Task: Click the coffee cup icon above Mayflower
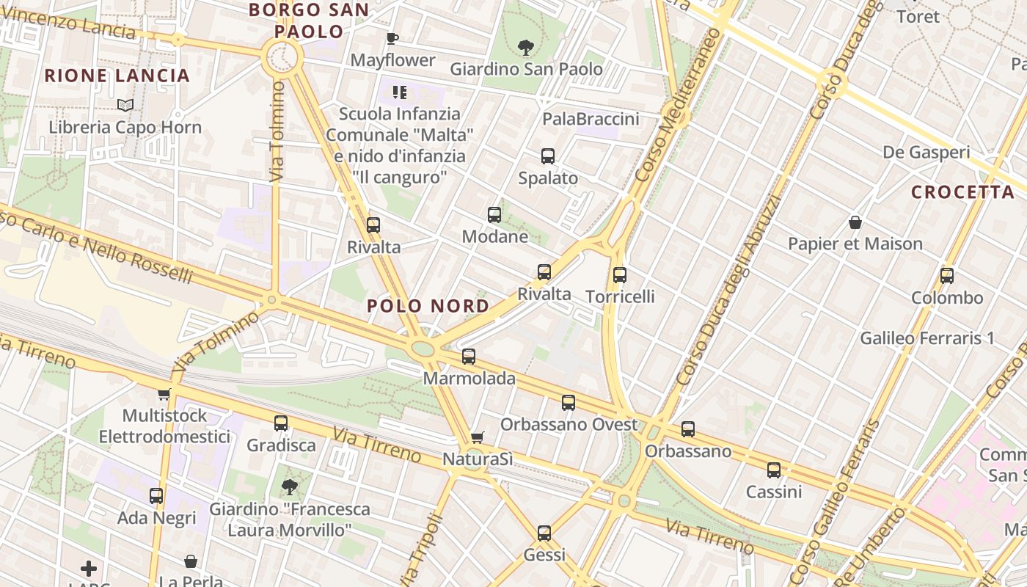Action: click(392, 38)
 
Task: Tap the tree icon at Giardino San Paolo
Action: click(525, 48)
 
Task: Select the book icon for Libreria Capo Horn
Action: click(125, 106)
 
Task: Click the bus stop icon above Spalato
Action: click(548, 156)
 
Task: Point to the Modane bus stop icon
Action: click(494, 215)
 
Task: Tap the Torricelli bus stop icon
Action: click(620, 275)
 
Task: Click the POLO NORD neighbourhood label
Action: click(428, 306)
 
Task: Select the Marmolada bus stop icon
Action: click(469, 357)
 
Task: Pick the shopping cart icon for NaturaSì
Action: click(478, 437)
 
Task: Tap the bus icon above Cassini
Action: click(774, 470)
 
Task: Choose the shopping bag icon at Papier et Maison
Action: click(855, 222)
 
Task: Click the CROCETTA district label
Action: click(962, 192)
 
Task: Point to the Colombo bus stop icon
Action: click(947, 276)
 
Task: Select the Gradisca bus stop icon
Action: click(281, 423)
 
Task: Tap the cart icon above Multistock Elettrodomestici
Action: click(164, 394)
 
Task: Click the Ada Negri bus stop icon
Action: click(156, 496)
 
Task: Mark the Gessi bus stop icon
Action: click(544, 533)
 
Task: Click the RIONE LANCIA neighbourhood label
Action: click(117, 76)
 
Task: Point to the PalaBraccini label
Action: click(591, 119)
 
